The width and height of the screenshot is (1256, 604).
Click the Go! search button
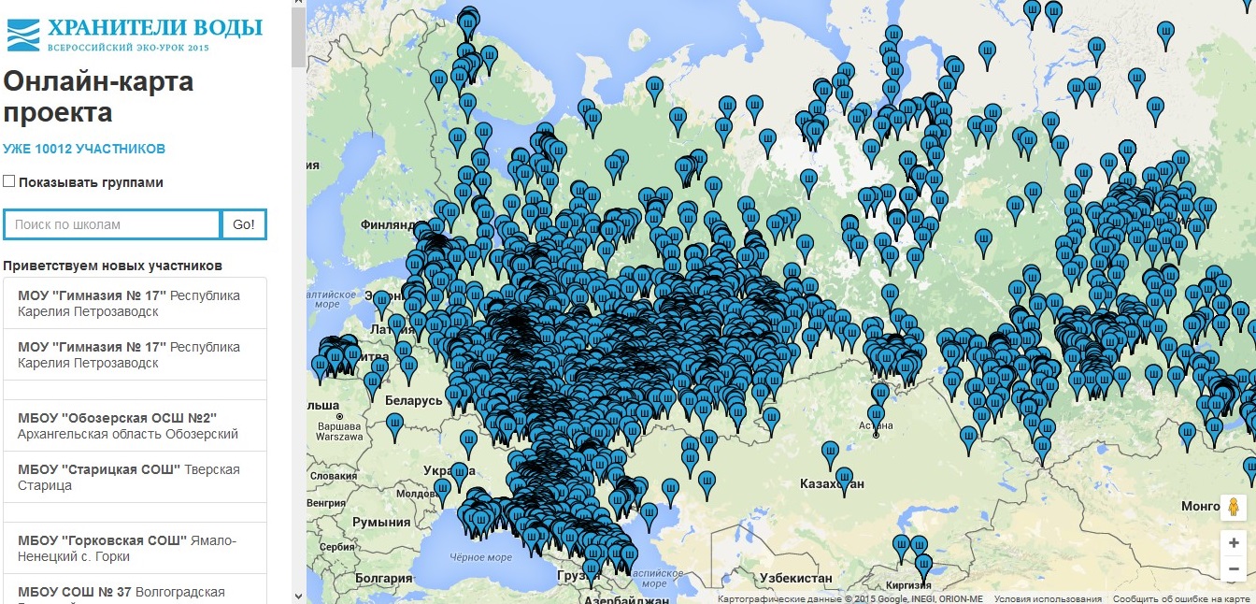tap(244, 224)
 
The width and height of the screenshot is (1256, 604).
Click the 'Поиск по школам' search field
tap(112, 224)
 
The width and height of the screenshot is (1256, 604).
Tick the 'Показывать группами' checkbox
tap(9, 181)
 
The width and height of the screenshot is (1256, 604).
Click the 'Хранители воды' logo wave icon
tap(22, 34)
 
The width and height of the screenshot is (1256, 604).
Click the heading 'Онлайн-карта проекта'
tap(98, 97)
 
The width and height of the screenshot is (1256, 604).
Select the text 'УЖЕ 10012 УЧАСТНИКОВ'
tap(84, 149)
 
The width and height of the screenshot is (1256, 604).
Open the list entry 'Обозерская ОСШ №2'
tap(128, 425)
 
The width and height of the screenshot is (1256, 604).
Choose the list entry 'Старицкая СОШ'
tap(128, 477)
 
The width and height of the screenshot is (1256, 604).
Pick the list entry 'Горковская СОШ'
tap(128, 548)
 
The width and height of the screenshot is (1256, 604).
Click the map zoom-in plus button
tap(1234, 542)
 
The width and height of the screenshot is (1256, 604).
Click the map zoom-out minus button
tap(1234, 568)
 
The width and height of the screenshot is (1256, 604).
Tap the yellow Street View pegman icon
tap(1234, 508)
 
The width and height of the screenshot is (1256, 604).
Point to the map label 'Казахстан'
tap(832, 484)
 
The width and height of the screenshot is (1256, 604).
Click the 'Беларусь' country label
tap(413, 400)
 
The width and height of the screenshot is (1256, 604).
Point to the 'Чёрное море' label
tap(481, 558)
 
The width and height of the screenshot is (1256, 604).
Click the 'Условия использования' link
tap(1048, 599)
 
